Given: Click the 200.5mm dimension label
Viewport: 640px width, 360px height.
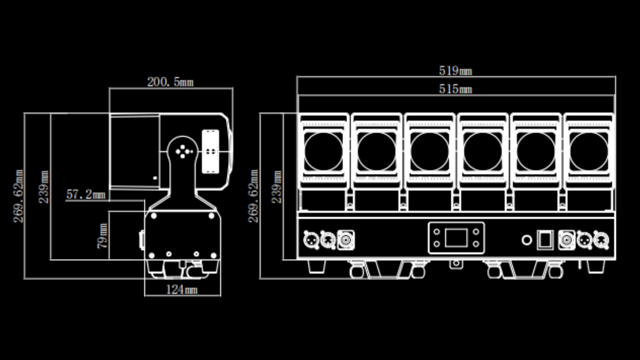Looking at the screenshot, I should pos(170,82).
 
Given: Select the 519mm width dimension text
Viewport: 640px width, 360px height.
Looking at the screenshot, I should pos(455,71).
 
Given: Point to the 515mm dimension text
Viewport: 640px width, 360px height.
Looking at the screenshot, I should pos(455,89).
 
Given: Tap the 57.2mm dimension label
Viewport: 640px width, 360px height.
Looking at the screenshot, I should pos(86,194).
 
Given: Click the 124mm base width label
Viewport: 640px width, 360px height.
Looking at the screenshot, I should pos(181,289).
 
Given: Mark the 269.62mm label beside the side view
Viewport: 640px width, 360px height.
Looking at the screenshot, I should pos(18,196).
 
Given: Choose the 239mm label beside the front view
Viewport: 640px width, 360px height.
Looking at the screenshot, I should pos(276,186).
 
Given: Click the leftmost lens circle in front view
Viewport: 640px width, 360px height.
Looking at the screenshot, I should pos(323,151).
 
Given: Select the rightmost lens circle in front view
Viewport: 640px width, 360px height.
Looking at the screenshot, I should pos(589,151).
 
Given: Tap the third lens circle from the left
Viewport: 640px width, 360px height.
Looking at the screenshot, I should pos(430,151).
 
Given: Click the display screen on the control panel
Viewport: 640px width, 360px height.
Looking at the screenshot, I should pos(456,237).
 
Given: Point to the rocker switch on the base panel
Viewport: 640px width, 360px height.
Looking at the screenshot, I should pos(544,240).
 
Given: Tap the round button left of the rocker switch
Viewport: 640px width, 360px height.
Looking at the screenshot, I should pos(526,240).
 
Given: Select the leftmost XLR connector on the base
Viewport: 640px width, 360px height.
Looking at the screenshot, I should pos(311,240).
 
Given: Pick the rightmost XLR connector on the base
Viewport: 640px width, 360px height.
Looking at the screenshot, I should pos(600,240).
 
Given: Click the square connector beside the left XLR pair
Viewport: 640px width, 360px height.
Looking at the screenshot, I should pos(346,240).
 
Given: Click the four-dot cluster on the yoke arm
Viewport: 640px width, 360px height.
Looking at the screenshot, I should pos(183,150).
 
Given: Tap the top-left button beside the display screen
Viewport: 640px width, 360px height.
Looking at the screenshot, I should pos(437,231).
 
